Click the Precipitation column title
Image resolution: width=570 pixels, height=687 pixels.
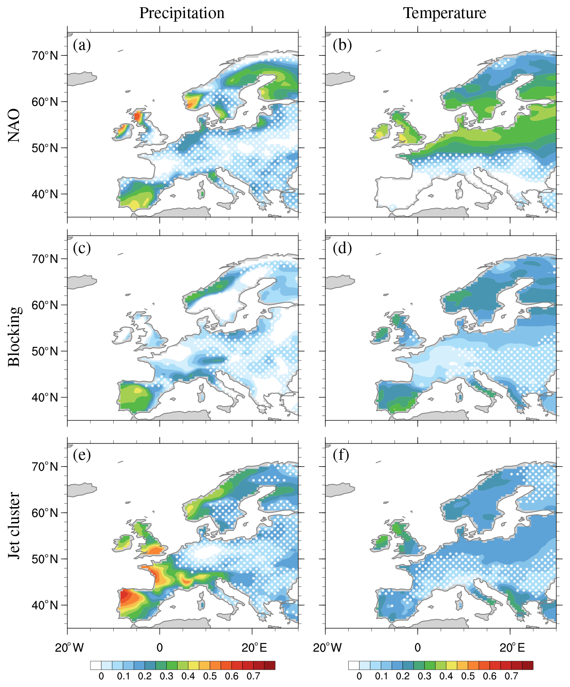click(x=182, y=13)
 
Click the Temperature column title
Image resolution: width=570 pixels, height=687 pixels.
click(x=445, y=13)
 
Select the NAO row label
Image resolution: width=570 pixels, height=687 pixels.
click(x=14, y=125)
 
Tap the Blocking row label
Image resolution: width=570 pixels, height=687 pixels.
click(x=14, y=336)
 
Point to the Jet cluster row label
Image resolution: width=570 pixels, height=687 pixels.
click(x=14, y=526)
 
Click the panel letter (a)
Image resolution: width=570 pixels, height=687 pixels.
click(x=82, y=45)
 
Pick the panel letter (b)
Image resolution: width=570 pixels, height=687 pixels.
click(x=342, y=45)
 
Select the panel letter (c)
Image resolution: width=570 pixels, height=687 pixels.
click(x=82, y=248)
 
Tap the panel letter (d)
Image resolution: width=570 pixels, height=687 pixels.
click(x=342, y=248)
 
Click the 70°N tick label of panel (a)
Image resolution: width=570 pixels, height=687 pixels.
click(x=45, y=55)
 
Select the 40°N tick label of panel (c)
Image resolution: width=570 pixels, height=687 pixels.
click(x=45, y=398)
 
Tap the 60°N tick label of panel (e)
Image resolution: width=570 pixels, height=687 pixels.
click(x=45, y=513)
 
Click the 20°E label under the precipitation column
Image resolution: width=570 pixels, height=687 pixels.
click(x=254, y=647)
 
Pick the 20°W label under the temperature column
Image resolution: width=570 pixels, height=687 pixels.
click(x=327, y=647)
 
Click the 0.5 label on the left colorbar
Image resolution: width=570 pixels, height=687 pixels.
click(x=210, y=676)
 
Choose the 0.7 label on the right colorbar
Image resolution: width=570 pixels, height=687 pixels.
click(x=511, y=676)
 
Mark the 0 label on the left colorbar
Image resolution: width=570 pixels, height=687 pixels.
click(x=101, y=676)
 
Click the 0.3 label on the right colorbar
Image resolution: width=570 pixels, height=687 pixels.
click(x=424, y=676)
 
